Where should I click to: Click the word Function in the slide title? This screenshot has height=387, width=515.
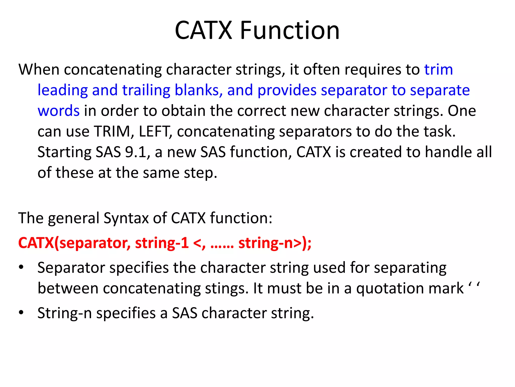[290, 30]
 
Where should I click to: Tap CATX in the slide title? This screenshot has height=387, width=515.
[203, 30]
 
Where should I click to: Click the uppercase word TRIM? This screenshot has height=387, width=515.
[114, 131]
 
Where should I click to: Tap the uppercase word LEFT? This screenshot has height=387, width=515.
[154, 131]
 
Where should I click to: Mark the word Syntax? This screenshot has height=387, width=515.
[126, 218]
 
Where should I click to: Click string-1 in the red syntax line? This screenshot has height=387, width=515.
[162, 243]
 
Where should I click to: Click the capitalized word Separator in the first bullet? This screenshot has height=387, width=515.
[71, 268]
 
